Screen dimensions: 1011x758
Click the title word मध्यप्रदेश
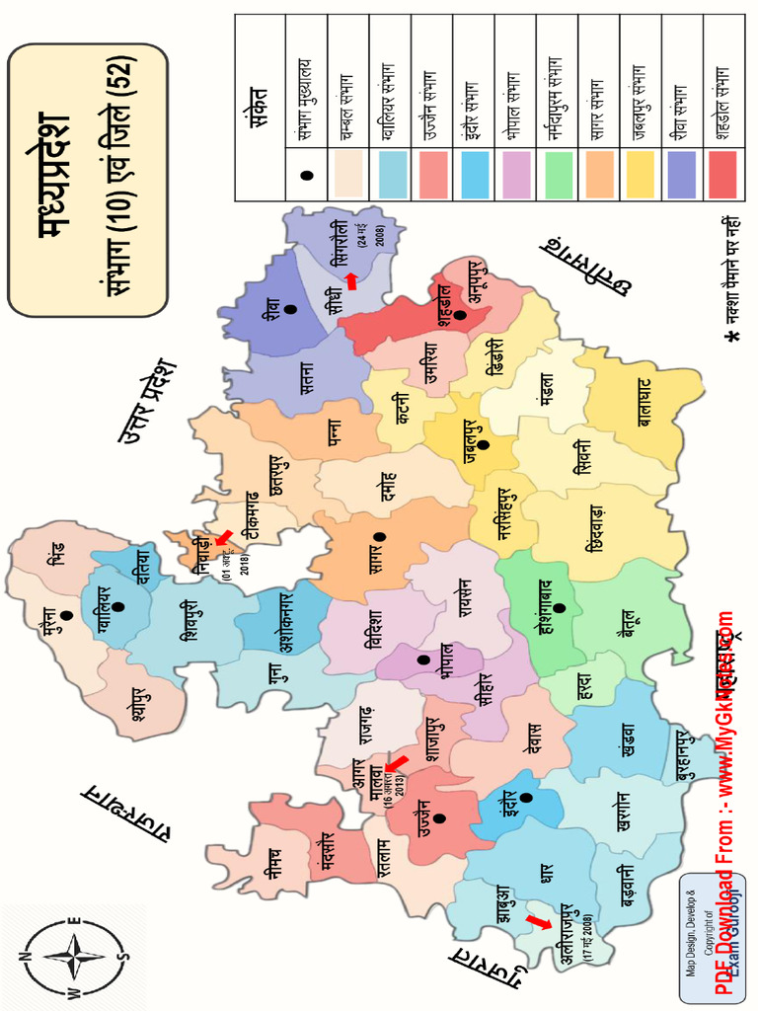[x=51, y=179]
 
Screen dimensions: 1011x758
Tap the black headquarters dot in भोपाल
[x=423, y=659]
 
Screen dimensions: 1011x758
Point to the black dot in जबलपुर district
[x=483, y=444]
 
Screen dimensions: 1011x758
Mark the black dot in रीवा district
[x=289, y=310]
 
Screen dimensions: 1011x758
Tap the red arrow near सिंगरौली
[x=351, y=281]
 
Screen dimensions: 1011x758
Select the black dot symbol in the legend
[x=306, y=176]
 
